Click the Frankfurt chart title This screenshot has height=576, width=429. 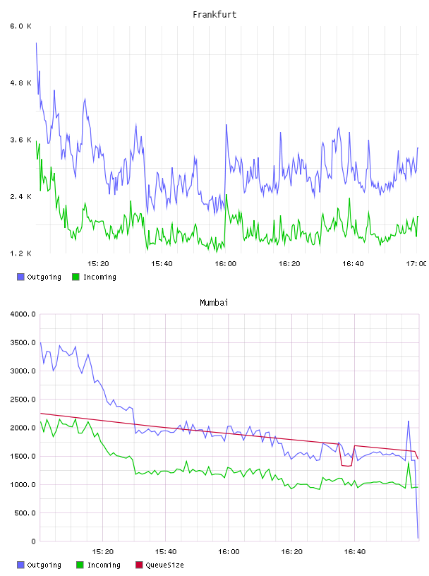tap(214, 15)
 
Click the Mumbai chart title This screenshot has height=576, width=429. tap(214, 303)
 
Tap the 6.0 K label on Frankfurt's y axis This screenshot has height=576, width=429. tap(20, 26)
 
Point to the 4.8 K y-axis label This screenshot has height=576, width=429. tap(20, 83)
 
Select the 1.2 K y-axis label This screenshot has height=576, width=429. tap(20, 253)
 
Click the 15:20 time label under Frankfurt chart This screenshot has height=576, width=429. tap(98, 264)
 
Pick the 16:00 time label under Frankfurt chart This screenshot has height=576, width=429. tap(226, 264)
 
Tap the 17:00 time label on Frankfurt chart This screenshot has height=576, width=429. tap(416, 264)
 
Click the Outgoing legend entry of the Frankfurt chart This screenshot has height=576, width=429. tap(39, 277)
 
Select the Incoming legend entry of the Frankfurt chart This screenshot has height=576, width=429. tap(95, 277)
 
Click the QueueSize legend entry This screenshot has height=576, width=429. tap(159, 565)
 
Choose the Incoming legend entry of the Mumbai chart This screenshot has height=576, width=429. tap(99, 565)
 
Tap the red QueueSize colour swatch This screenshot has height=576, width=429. tap(139, 565)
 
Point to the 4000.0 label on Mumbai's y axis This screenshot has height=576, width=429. tap(23, 314)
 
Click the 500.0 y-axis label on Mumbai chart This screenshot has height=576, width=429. tap(25, 512)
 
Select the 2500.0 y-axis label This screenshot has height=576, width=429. tap(23, 400)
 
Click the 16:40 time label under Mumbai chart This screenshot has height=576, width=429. tap(355, 552)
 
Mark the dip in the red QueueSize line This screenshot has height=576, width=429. tap(346, 465)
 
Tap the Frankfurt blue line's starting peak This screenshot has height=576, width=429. tap(37, 43)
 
